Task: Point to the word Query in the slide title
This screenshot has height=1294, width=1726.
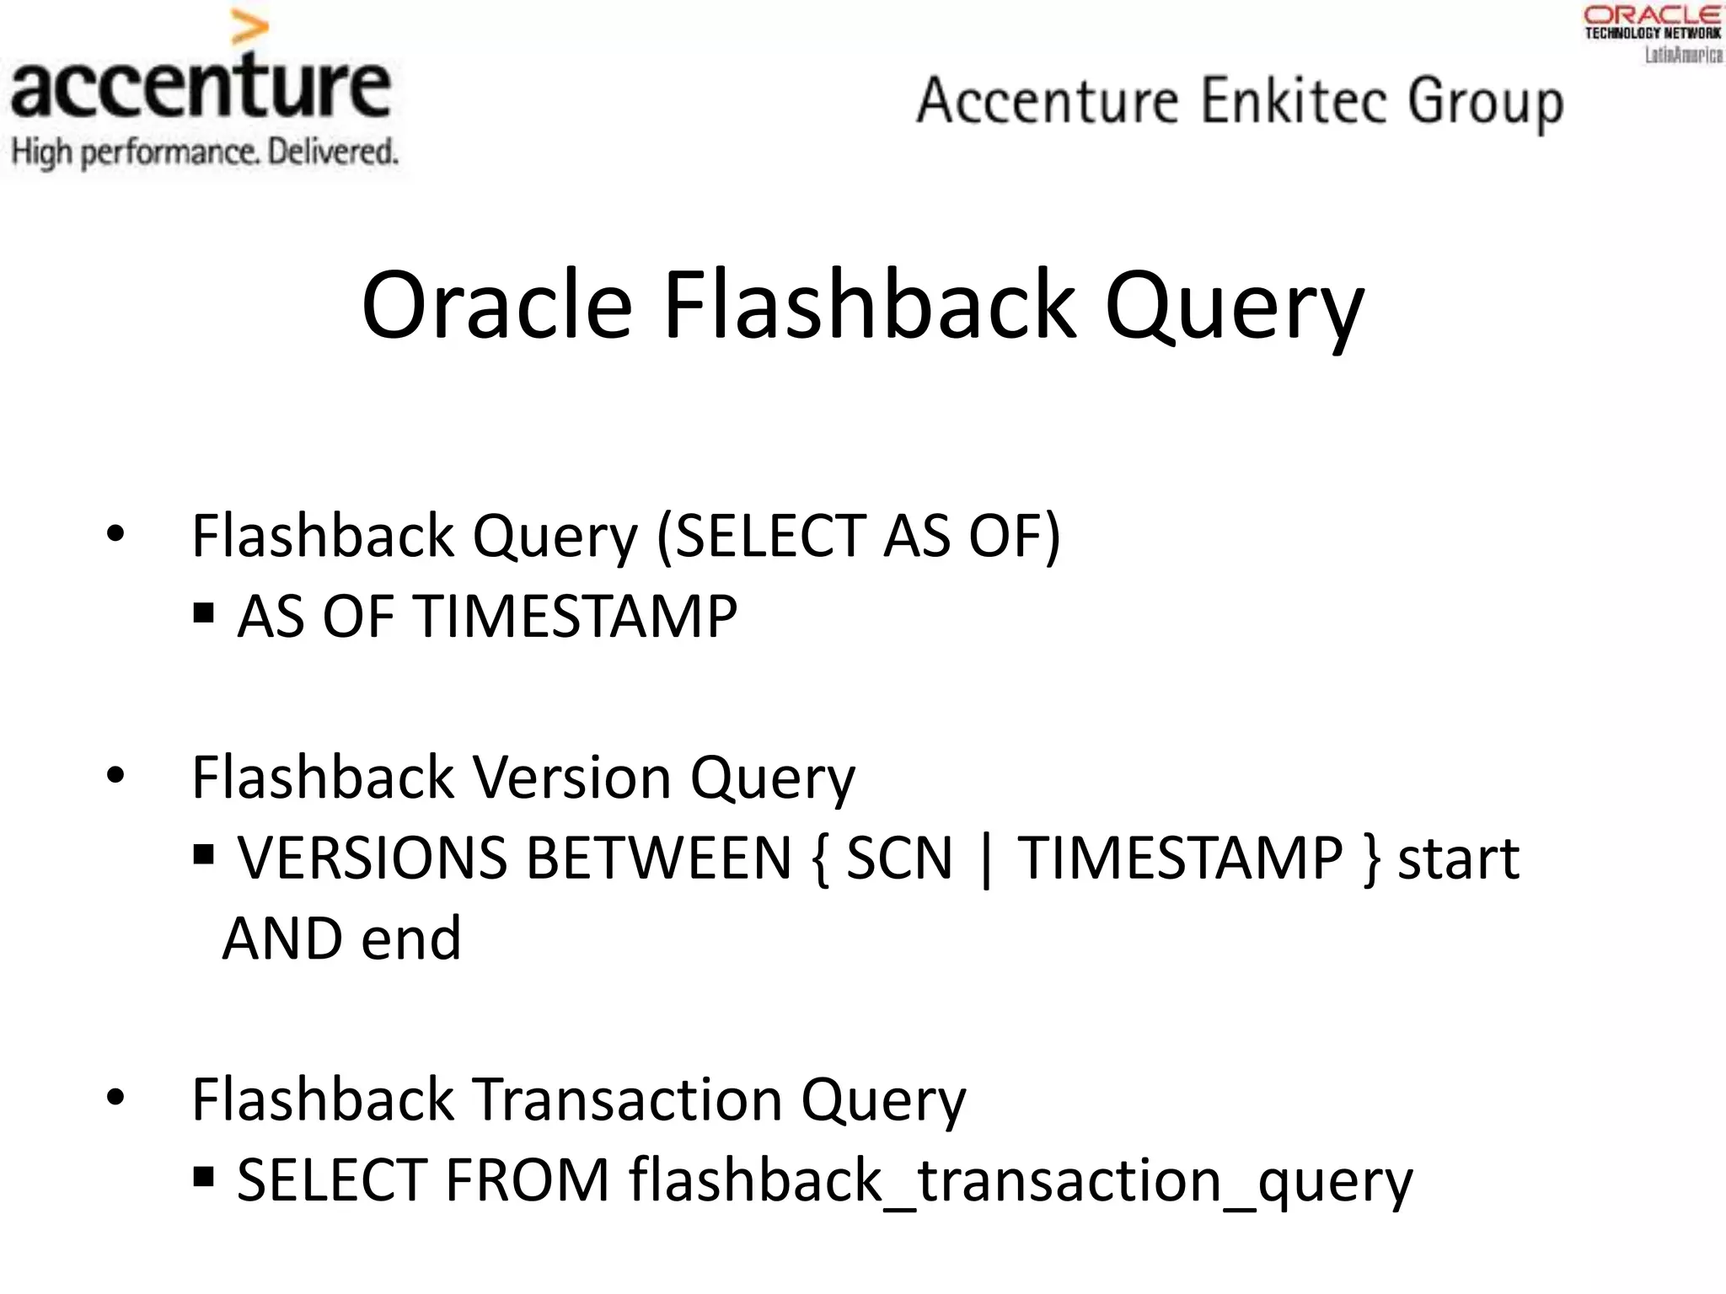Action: coord(1234,307)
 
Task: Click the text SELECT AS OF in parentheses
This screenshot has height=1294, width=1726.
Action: coord(859,536)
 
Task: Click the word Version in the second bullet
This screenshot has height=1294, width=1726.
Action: coord(572,777)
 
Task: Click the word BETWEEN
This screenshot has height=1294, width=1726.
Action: coord(658,858)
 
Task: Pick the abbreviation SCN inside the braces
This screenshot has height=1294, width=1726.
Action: coord(898,858)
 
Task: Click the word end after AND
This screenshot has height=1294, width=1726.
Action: coord(412,938)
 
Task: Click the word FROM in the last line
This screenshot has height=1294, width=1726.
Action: coord(527,1179)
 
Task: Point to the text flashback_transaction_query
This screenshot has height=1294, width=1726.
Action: coord(1020,1181)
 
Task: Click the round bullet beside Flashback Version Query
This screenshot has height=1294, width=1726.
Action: coord(115,775)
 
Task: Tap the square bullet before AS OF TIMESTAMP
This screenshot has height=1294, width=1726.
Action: coord(203,612)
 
